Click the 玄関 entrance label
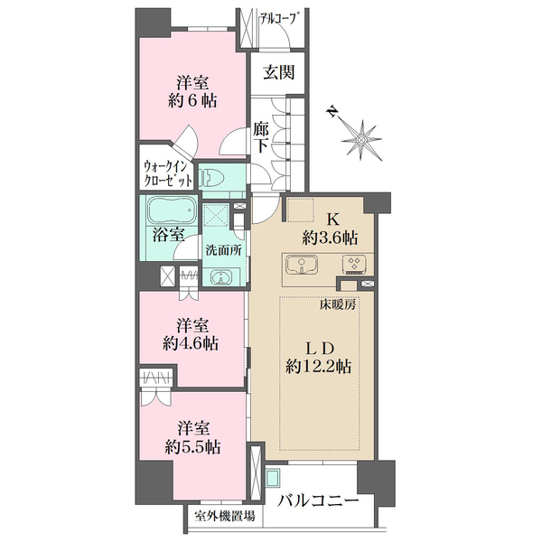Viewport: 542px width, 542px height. (278, 72)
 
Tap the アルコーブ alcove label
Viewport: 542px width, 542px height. (278, 18)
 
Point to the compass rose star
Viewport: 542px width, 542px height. (361, 140)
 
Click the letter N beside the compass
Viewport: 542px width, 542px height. (332, 112)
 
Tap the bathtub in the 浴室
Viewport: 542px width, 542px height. (171, 210)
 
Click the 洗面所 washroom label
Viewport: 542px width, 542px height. (224, 250)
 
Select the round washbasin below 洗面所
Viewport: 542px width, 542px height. (220, 277)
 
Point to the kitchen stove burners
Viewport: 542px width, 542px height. (353, 265)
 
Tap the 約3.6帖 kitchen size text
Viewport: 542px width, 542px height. (330, 238)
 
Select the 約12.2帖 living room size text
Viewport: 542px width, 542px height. (319, 366)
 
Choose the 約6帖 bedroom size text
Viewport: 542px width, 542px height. (192, 100)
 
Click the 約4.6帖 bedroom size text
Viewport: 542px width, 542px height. (191, 343)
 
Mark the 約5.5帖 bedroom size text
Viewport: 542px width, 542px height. (193, 447)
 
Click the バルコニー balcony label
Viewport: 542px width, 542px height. (318, 500)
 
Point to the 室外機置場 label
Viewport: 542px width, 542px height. (225, 517)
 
